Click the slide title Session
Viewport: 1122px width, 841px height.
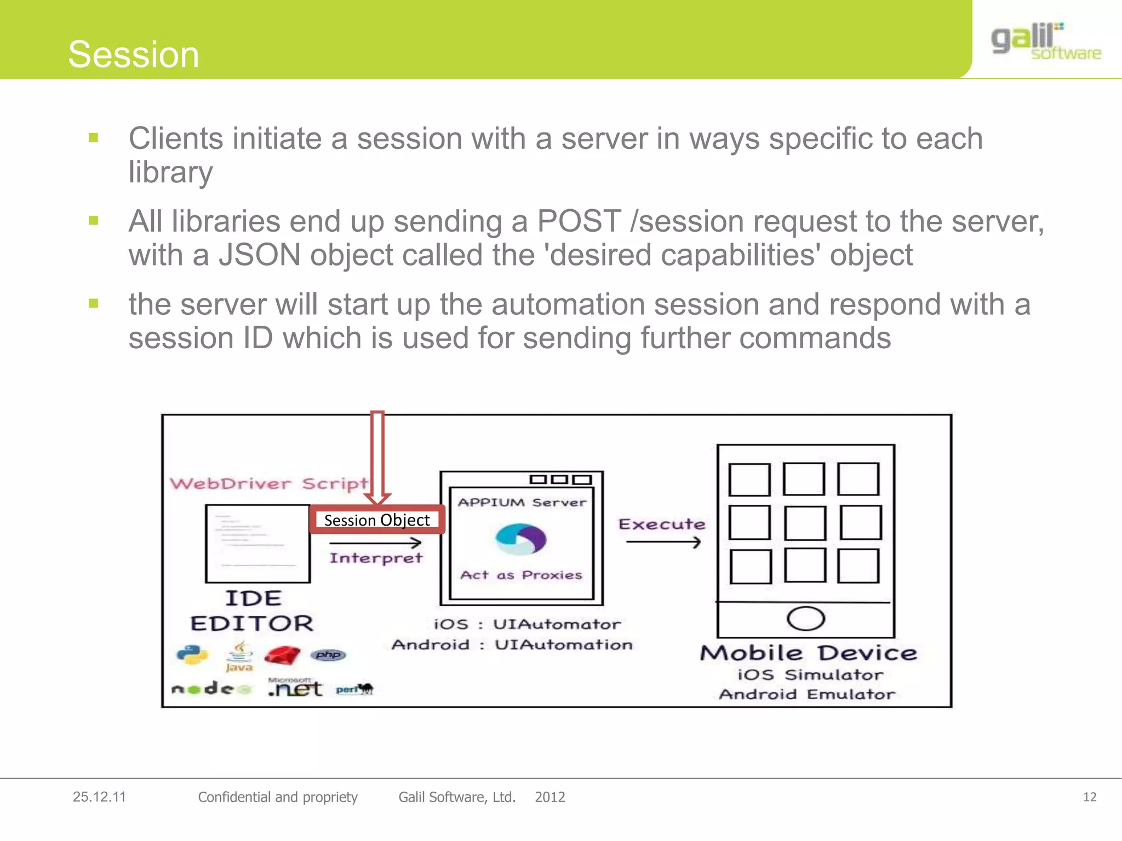coord(133,55)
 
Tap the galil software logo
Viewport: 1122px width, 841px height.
coord(1045,42)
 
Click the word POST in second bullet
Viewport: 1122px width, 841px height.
coord(579,221)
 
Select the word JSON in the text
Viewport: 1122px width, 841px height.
coord(260,255)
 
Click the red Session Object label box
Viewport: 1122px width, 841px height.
coord(377,520)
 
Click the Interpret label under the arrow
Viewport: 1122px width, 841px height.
coord(376,558)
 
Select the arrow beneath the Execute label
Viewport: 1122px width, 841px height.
coord(663,542)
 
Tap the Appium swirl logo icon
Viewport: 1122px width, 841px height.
coord(520,539)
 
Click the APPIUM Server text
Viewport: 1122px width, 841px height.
coord(522,502)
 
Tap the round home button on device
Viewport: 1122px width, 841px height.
coord(805,619)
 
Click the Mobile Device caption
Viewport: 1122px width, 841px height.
coord(808,653)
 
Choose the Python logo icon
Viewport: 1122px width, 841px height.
coord(192,655)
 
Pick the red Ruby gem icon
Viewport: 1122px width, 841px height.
coord(282,655)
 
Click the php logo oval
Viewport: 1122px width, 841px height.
coord(328,655)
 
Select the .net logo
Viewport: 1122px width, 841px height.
coord(295,688)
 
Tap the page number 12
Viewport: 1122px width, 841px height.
coord(1089,797)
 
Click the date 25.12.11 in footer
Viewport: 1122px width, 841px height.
coord(99,797)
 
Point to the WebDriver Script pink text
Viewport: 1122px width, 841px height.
coord(268,483)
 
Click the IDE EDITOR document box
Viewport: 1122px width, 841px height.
coord(257,544)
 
